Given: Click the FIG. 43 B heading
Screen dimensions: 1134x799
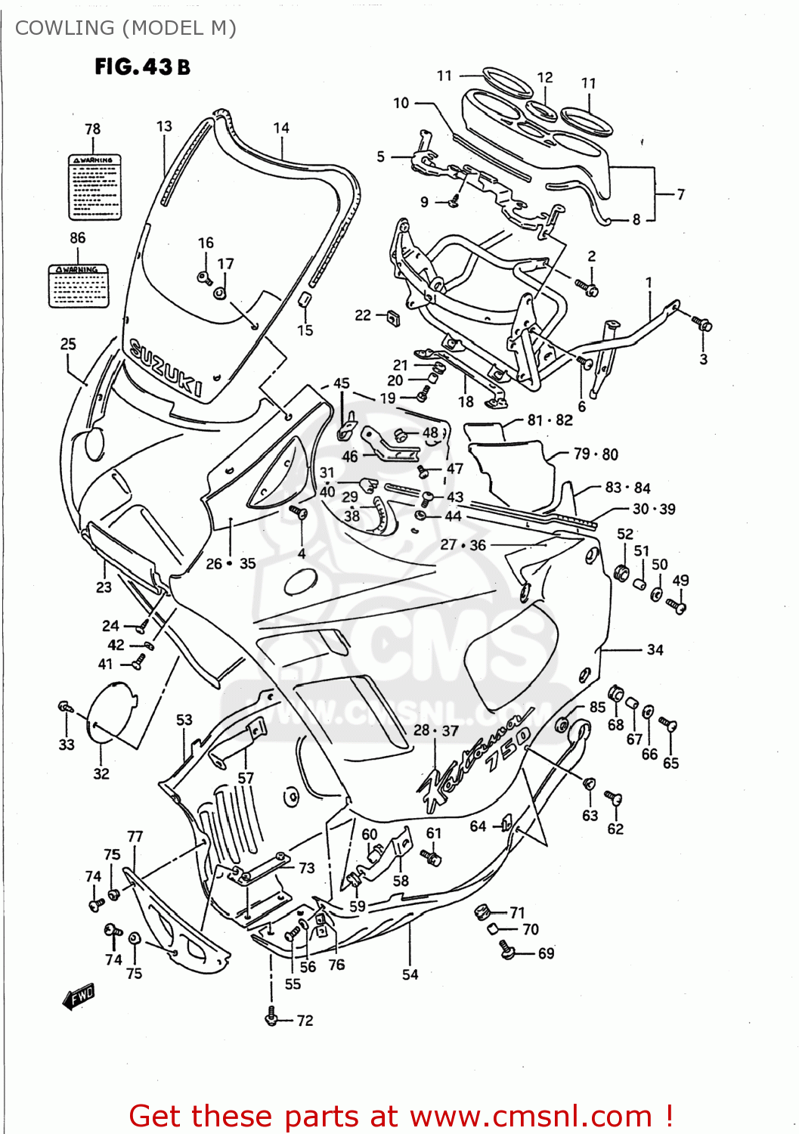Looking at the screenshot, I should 142,67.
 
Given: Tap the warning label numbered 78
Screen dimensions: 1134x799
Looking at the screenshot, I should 94,187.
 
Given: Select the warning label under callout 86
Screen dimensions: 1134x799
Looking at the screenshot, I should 79,285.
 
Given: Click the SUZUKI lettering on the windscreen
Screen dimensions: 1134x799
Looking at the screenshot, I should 166,367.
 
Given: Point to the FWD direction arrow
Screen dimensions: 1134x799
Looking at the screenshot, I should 79,997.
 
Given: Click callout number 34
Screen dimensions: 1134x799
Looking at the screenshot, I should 655,649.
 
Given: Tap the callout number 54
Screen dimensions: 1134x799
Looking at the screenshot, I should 410,974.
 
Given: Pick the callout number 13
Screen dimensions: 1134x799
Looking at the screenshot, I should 164,126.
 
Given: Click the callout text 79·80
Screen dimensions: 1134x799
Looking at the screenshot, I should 596,454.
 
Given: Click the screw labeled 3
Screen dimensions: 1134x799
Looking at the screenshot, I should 703,325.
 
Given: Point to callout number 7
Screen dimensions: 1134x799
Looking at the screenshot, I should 680,194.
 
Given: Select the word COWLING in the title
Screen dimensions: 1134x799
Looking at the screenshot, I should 64,28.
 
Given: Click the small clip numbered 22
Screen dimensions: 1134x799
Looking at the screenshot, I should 392,318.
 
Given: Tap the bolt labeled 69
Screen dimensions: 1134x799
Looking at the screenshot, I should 507,949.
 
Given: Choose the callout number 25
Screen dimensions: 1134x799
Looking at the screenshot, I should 68,344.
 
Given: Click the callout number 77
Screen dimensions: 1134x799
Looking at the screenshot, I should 135,836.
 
